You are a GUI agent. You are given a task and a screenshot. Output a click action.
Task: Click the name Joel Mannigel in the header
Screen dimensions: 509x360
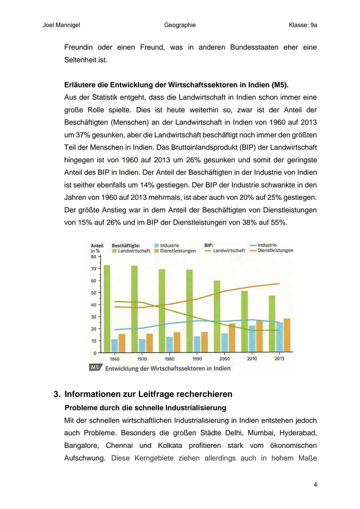[x=61, y=25]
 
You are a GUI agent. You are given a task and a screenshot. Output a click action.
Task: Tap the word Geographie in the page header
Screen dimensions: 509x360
[x=180, y=25]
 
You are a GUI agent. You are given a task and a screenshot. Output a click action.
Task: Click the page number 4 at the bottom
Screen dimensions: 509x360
[x=315, y=484]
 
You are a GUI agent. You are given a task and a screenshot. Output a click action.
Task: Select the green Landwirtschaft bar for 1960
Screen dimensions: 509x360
[x=107, y=308]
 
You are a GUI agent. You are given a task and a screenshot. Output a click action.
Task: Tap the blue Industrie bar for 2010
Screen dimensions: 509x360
[x=252, y=339]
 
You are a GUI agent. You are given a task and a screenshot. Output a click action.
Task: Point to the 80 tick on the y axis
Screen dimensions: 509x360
[x=93, y=257]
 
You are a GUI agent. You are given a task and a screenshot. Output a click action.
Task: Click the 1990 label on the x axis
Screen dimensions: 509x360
[x=197, y=359]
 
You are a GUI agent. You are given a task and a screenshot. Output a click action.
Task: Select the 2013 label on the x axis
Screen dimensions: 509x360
[x=279, y=359]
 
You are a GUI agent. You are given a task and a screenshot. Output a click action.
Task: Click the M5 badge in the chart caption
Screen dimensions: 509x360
[x=95, y=368]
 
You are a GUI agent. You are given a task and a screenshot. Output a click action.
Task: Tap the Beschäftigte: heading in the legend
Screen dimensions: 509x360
[x=126, y=245]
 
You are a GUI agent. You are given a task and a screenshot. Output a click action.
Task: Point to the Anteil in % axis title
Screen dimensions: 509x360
[x=97, y=248]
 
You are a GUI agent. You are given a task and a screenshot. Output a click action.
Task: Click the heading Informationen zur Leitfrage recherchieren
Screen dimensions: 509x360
[x=148, y=394]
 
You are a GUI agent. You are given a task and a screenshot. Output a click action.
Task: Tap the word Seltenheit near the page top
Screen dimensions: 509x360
[x=80, y=60]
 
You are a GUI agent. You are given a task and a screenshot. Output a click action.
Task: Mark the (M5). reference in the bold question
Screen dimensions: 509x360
[x=280, y=85]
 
